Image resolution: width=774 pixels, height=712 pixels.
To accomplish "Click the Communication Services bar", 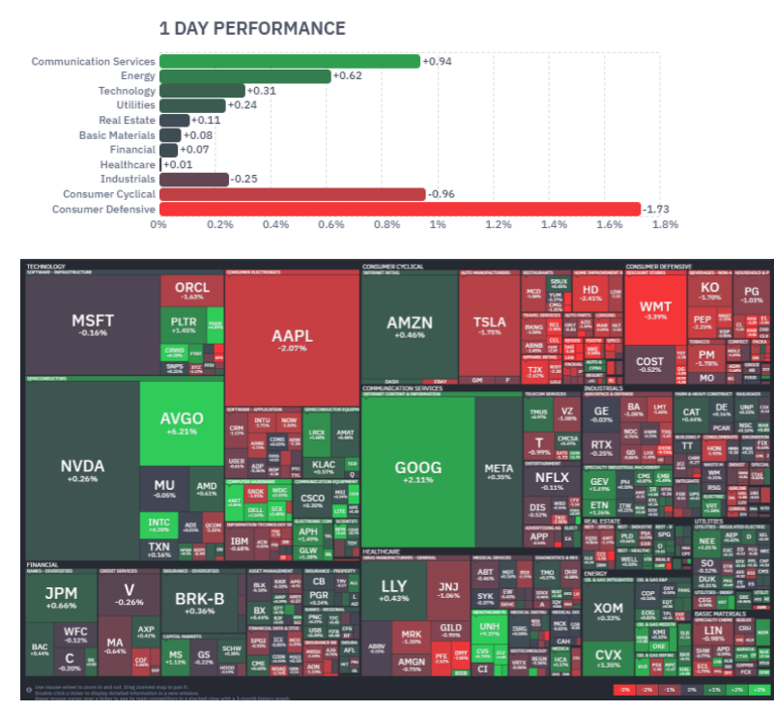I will click(x=290, y=61).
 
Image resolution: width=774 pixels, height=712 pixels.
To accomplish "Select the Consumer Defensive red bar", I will click(x=400, y=209).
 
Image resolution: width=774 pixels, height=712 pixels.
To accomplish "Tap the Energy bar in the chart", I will click(x=245, y=75).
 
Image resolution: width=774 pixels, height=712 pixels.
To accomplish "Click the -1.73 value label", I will click(x=657, y=209).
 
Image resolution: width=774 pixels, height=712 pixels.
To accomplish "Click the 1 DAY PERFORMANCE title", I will click(x=252, y=28).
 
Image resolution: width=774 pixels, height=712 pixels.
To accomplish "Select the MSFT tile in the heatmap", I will click(x=93, y=325).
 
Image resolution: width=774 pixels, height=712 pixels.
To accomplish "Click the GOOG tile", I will click(x=417, y=471).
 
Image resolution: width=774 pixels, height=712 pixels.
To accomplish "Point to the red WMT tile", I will click(x=655, y=311).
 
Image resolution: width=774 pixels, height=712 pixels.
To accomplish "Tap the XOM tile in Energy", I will click(x=609, y=611).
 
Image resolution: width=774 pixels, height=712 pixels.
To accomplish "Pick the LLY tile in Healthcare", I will click(x=394, y=590).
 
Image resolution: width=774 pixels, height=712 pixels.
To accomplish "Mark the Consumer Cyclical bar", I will click(x=293, y=194).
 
